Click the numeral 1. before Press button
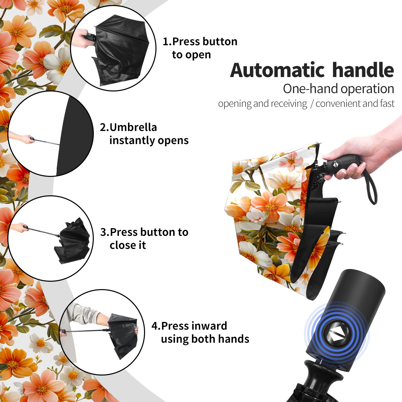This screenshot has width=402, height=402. coord(167,42)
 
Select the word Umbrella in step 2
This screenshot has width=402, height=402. coord(133,127)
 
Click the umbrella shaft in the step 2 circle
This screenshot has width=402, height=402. coord(47,142)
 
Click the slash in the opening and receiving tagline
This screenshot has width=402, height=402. coord(312,104)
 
